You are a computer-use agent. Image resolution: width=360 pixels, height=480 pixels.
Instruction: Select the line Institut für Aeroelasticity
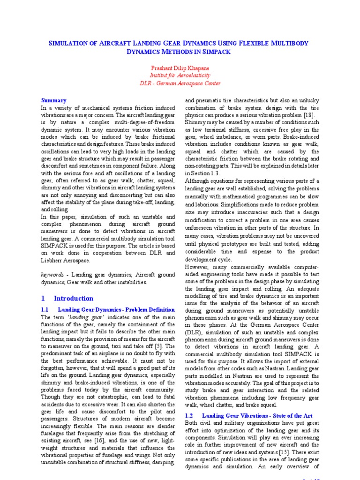[180, 75]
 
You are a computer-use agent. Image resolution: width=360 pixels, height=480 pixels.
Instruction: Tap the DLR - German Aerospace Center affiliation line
[180, 83]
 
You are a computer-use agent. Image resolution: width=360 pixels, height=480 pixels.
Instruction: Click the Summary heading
[54, 100]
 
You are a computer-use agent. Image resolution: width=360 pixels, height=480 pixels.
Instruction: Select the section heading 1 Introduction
[67, 298]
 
